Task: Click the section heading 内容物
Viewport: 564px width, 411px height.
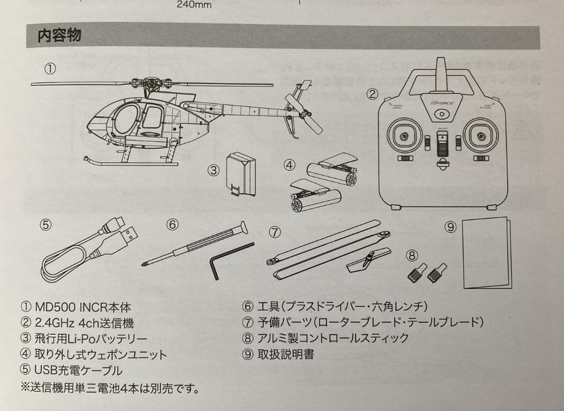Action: [59, 36]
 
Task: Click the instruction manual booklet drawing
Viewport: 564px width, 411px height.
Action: [486, 252]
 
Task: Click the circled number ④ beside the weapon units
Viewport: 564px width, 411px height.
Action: [289, 165]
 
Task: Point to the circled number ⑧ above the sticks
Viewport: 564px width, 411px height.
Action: [412, 255]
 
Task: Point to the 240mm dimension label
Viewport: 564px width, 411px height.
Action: [194, 5]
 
